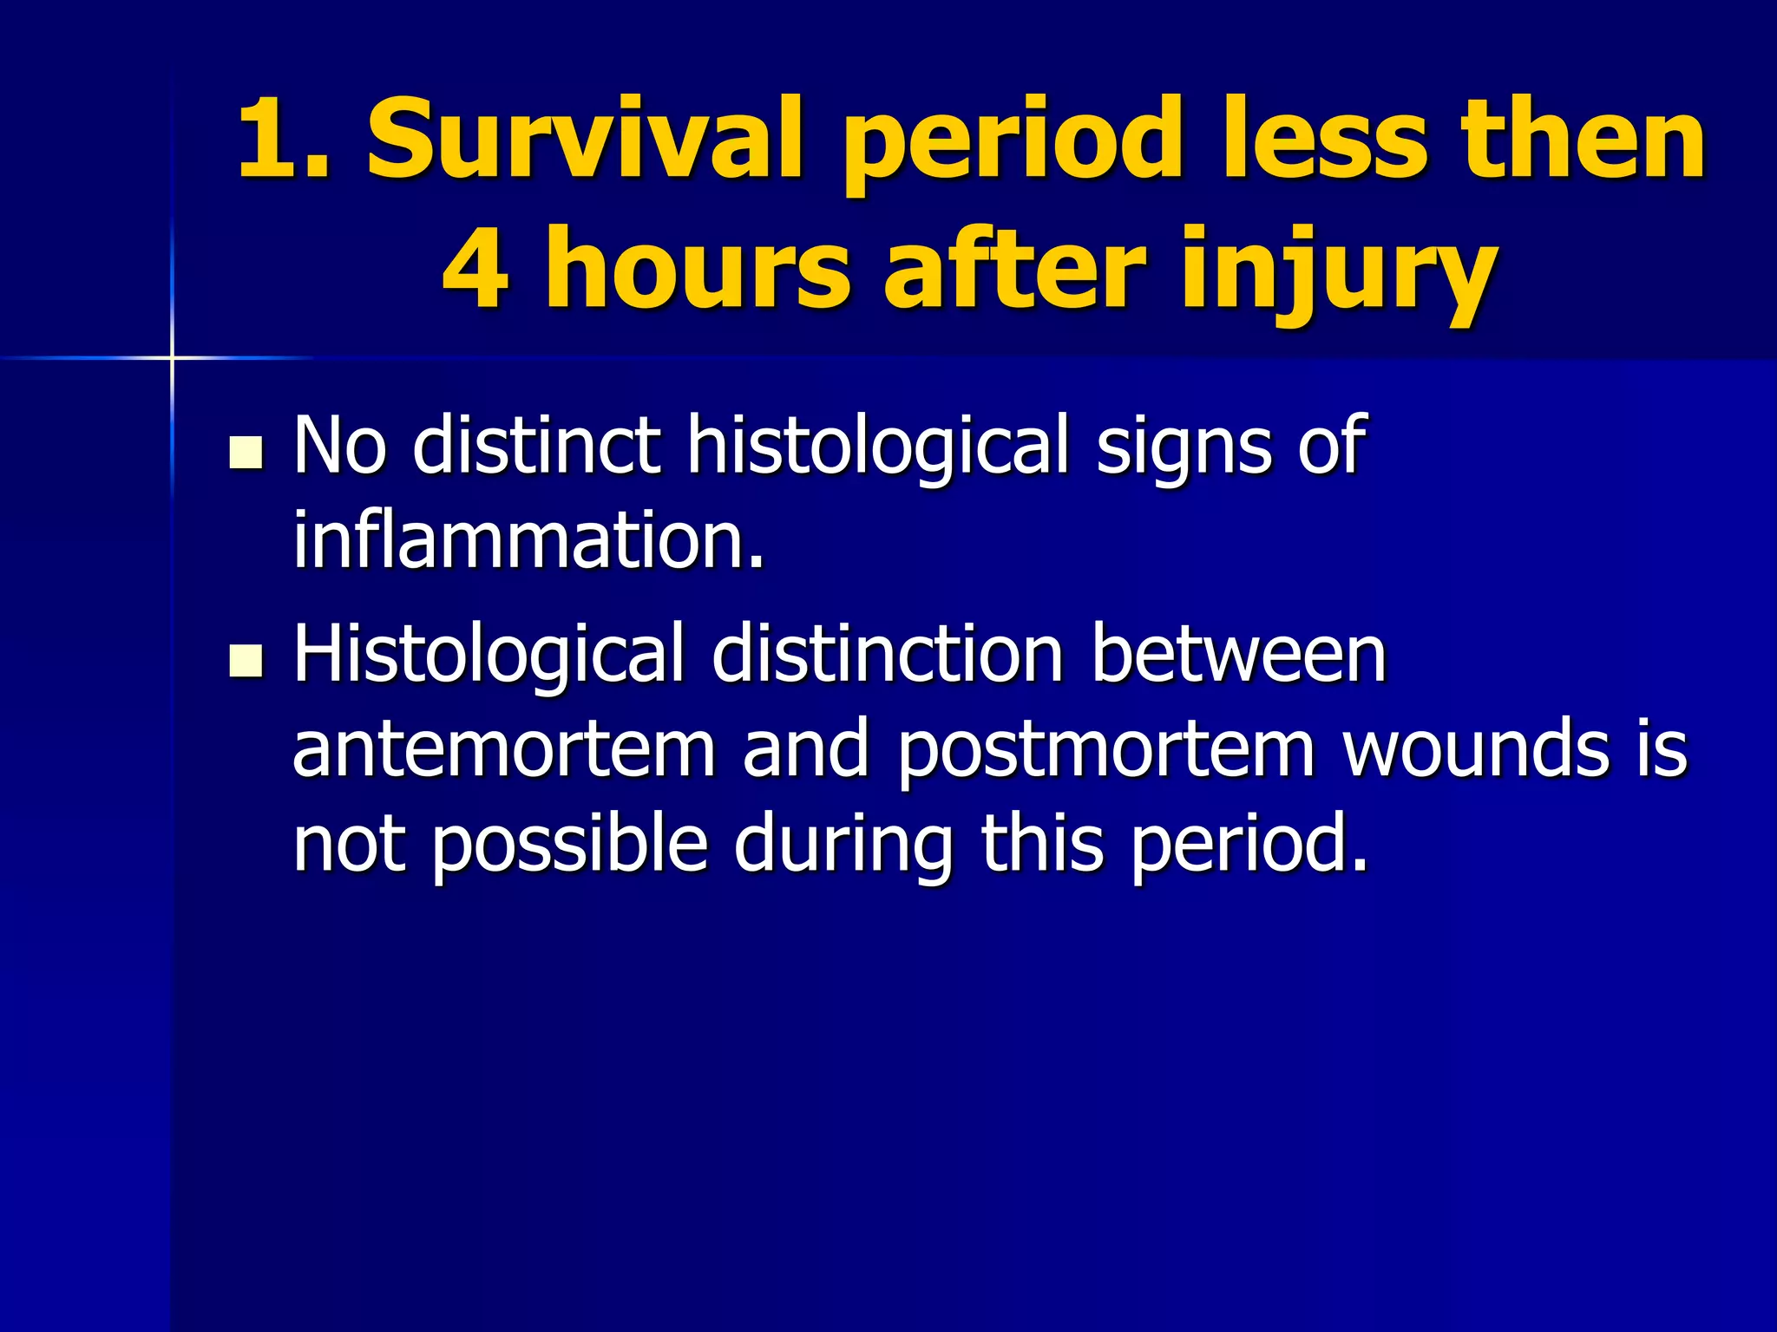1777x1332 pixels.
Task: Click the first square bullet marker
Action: [x=246, y=453]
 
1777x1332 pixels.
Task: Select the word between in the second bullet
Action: [x=1238, y=655]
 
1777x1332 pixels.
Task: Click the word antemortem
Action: [x=503, y=749]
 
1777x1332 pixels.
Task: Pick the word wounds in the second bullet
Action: [x=1475, y=749]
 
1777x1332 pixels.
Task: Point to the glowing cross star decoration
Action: [x=172, y=356]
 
